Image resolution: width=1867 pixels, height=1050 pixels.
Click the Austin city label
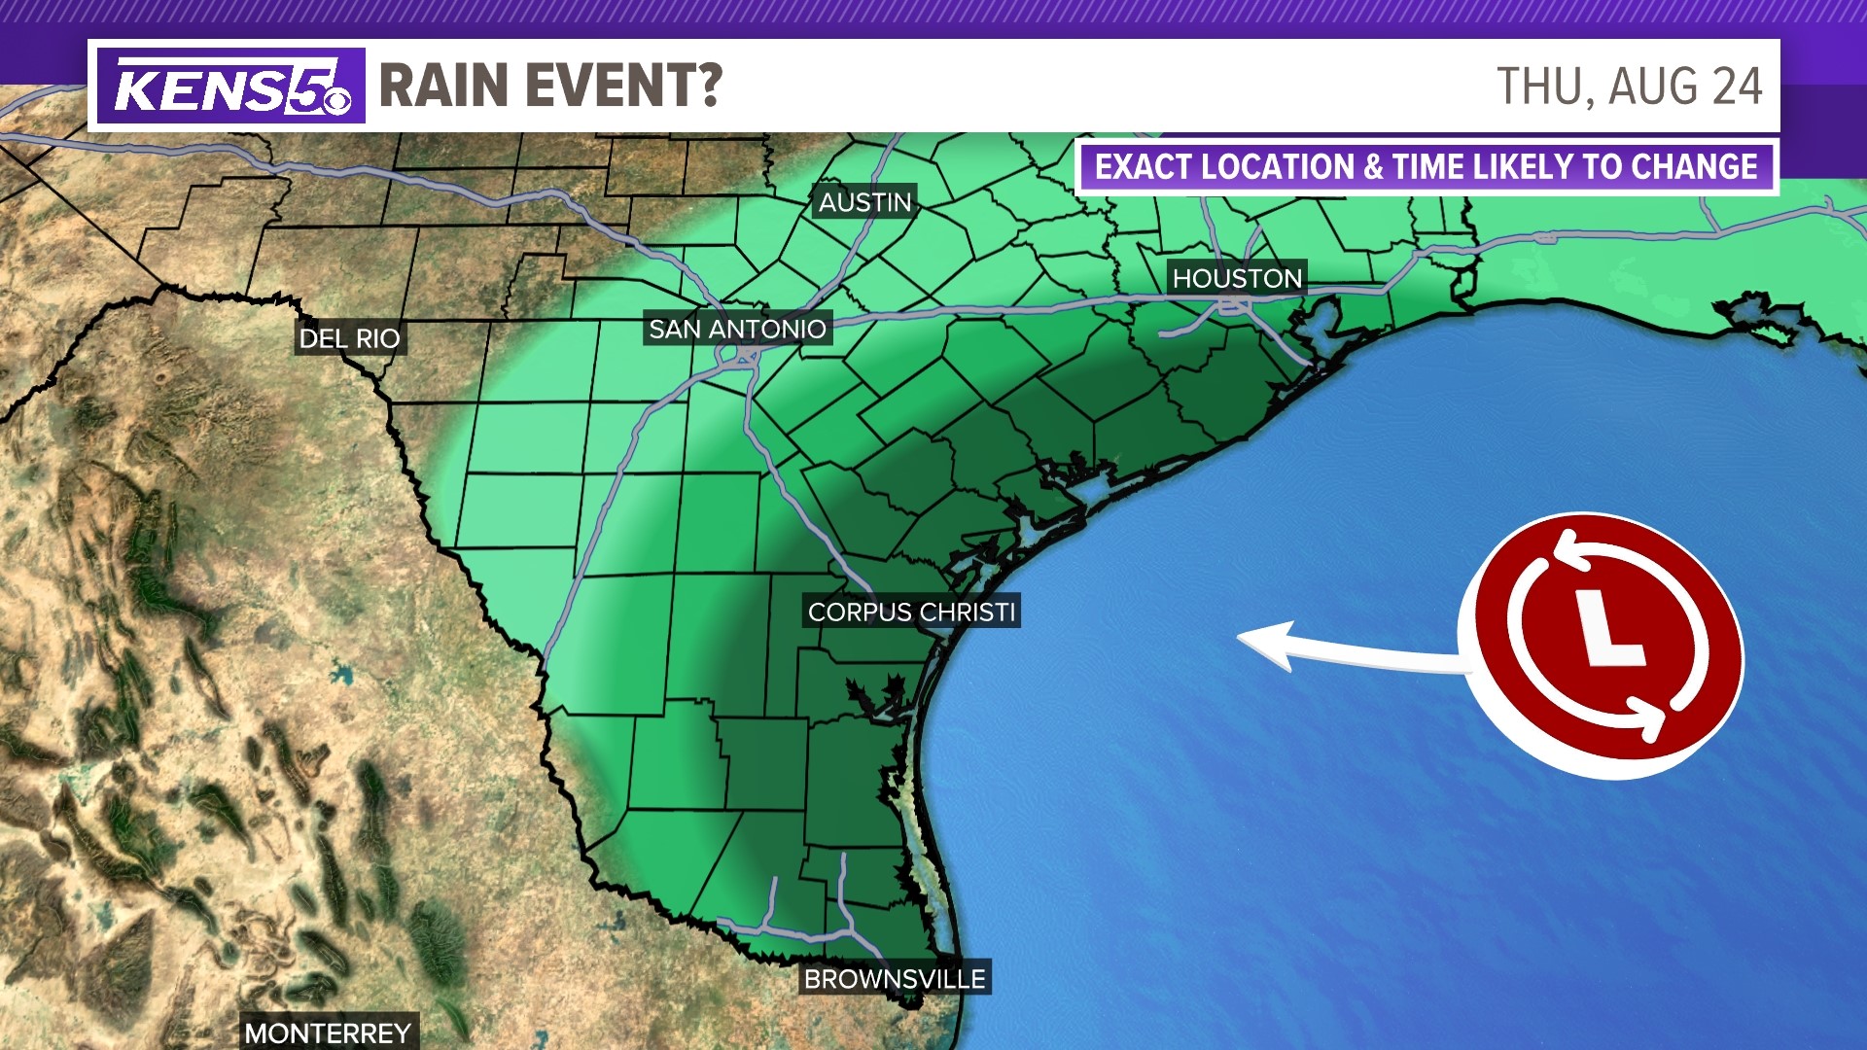(864, 202)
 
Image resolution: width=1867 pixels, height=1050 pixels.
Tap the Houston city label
(1236, 279)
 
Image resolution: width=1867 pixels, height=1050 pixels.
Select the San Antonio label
(737, 330)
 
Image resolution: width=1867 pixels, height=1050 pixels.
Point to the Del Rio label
(349, 338)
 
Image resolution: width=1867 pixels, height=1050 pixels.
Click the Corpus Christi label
(911, 612)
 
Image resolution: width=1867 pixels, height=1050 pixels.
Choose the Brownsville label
(895, 979)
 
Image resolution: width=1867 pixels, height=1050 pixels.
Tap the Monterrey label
(328, 1032)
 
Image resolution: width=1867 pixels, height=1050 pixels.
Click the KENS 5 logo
(231, 87)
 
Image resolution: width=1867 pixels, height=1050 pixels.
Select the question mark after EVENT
(708, 86)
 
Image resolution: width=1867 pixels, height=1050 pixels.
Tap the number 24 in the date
(1737, 87)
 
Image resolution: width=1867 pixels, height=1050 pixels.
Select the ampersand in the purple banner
(1373, 167)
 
